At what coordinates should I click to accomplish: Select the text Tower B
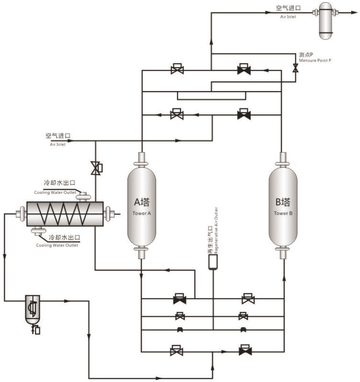click(x=283, y=213)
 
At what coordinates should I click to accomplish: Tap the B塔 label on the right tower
click(x=283, y=203)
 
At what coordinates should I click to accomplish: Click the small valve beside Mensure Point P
click(x=295, y=69)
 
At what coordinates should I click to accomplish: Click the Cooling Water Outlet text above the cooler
click(x=54, y=192)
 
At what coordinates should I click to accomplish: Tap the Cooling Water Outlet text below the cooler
click(x=58, y=245)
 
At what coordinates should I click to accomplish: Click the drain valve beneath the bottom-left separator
click(x=35, y=330)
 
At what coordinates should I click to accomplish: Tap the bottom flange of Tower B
click(x=283, y=254)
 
